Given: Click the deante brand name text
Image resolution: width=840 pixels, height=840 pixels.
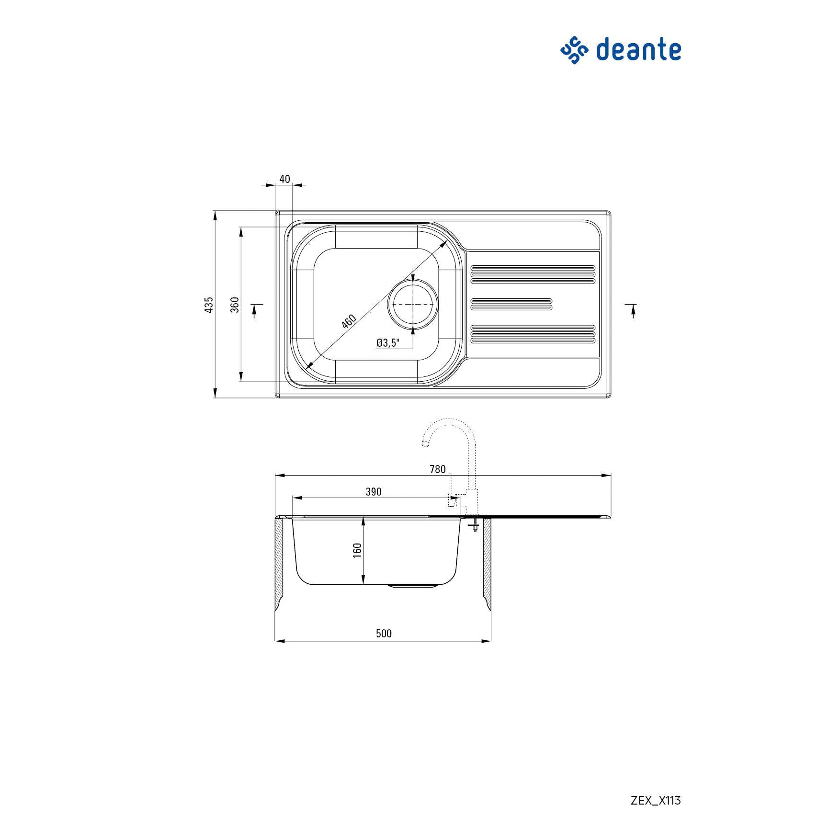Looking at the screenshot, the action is pyautogui.click(x=638, y=50).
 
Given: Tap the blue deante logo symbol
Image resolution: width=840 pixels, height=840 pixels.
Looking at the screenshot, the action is pyautogui.click(x=574, y=50).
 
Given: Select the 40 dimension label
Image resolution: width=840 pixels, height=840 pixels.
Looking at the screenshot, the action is pyautogui.click(x=284, y=179).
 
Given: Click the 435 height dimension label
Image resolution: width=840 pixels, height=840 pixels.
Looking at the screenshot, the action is pyautogui.click(x=209, y=305).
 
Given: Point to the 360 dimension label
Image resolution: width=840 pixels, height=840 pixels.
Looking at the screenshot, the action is pyautogui.click(x=235, y=305).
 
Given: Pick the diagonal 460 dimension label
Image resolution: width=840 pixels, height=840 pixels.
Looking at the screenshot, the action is pyautogui.click(x=349, y=321).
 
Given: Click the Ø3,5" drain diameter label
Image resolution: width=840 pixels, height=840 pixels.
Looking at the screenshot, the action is pyautogui.click(x=387, y=342).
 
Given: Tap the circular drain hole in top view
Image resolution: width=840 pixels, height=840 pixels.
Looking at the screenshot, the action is pyautogui.click(x=413, y=305).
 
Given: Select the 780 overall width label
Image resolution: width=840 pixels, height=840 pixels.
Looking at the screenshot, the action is pyautogui.click(x=438, y=469).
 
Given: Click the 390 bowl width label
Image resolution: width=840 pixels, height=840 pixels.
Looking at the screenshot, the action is pyautogui.click(x=374, y=492).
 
